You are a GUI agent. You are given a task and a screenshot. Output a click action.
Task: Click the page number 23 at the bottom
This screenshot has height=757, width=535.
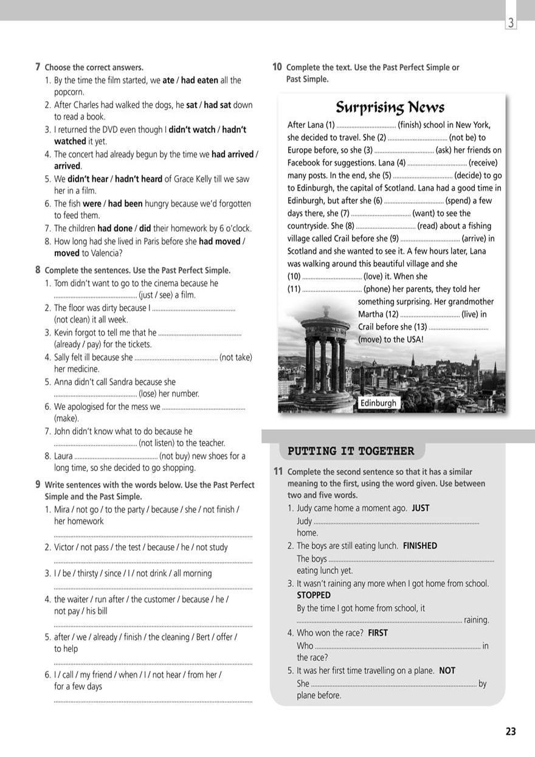[511, 731]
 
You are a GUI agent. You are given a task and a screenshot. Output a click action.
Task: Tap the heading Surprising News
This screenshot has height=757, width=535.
[390, 108]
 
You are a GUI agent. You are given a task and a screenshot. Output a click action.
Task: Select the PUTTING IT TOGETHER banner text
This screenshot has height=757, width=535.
[351, 451]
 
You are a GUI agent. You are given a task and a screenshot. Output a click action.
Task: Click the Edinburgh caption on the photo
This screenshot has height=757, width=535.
[378, 403]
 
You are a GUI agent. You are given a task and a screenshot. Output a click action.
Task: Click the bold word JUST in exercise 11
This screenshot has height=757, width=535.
[420, 508]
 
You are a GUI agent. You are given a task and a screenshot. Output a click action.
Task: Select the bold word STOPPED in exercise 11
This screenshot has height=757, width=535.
[314, 595]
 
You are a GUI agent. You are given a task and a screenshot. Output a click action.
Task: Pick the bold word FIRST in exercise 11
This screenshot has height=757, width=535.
[378, 633]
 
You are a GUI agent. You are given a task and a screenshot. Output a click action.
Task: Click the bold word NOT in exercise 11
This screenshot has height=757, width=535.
[447, 671]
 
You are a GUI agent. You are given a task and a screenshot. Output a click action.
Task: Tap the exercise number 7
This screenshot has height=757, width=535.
[38, 67]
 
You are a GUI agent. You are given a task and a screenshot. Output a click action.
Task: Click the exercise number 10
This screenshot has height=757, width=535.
[277, 67]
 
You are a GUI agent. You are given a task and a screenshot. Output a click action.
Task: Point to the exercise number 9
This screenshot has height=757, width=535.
[38, 485]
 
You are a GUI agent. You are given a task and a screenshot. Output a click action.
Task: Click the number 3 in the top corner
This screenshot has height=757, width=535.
[511, 23]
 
